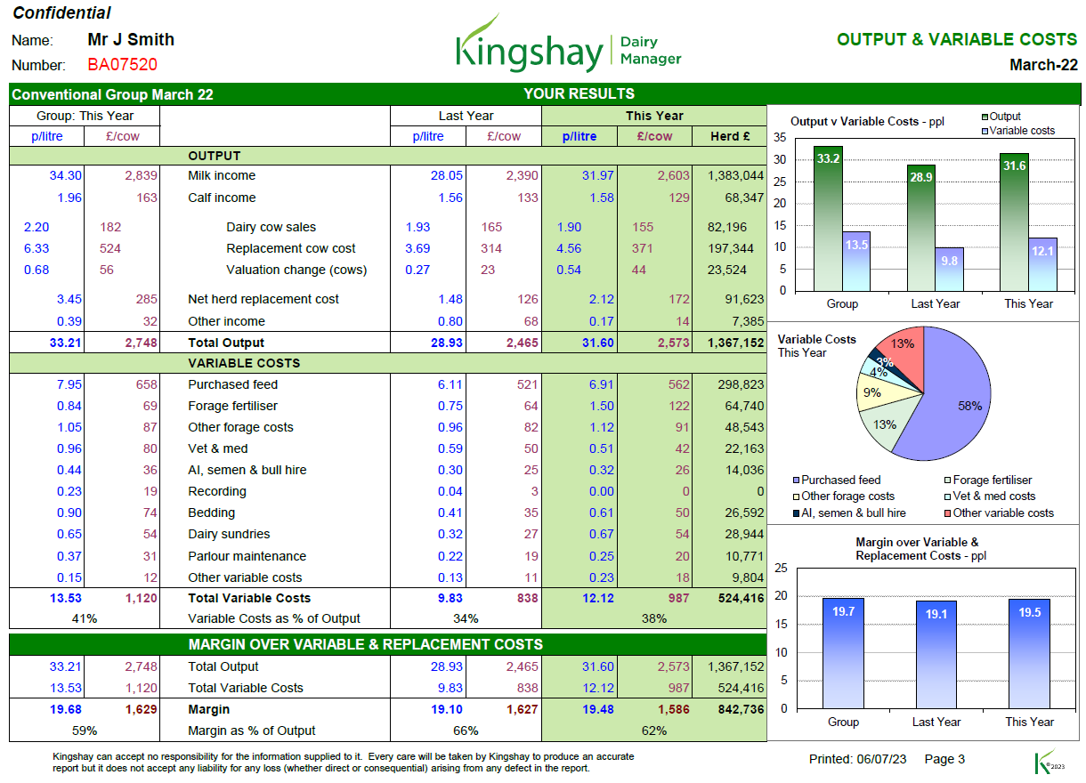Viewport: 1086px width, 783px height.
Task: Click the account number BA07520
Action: (x=122, y=65)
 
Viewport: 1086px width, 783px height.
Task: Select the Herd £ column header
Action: (x=730, y=136)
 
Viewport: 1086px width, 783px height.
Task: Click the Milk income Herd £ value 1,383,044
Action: (x=733, y=176)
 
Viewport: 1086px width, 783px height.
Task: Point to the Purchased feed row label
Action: (x=232, y=384)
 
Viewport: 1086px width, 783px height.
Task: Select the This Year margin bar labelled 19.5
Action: (x=1028, y=653)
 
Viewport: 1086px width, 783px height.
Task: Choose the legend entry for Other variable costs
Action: (x=1002, y=513)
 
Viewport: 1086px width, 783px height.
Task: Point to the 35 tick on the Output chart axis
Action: (x=780, y=138)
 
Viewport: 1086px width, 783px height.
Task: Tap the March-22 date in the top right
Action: (x=1043, y=65)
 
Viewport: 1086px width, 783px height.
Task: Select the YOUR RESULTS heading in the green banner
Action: (x=579, y=93)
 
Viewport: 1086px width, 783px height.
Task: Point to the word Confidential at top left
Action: (x=61, y=12)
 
